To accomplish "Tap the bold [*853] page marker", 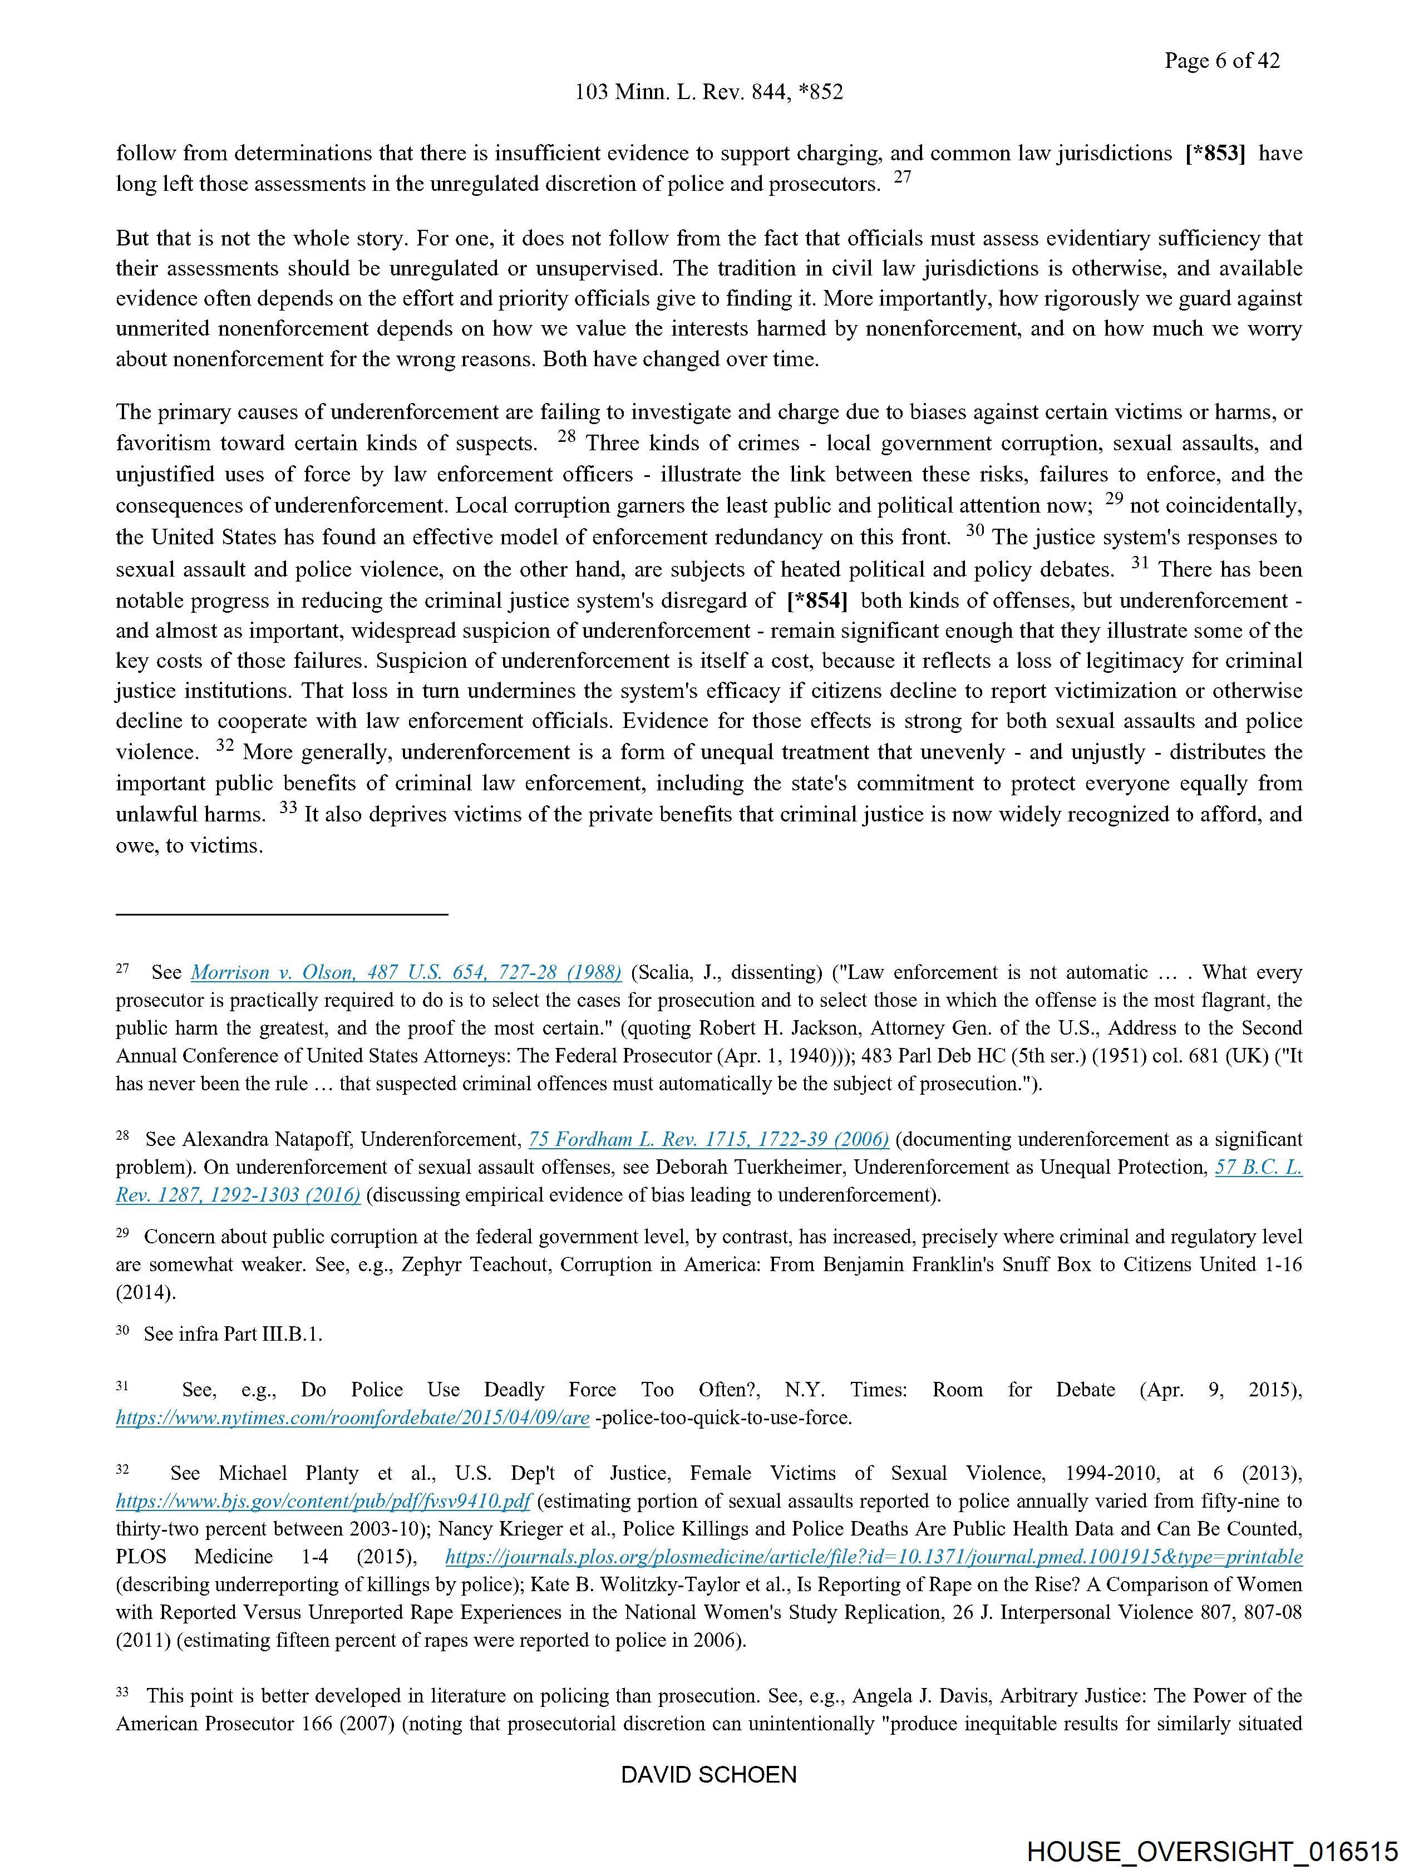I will pyautogui.click(x=1215, y=154).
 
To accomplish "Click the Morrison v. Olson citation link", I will pyautogui.click(x=406, y=972).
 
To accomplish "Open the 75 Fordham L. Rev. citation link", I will pyautogui.click(x=708, y=1139).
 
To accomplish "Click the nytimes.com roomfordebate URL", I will pyautogui.click(x=353, y=1418).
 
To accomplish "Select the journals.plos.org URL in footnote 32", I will pyautogui.click(x=874, y=1557).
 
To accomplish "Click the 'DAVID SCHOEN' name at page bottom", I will pyautogui.click(x=708, y=1775).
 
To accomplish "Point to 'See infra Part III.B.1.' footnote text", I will pyautogui.click(x=233, y=1334).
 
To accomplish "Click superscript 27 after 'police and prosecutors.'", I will pyautogui.click(x=903, y=178).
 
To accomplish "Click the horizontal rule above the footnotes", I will pyautogui.click(x=282, y=914).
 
